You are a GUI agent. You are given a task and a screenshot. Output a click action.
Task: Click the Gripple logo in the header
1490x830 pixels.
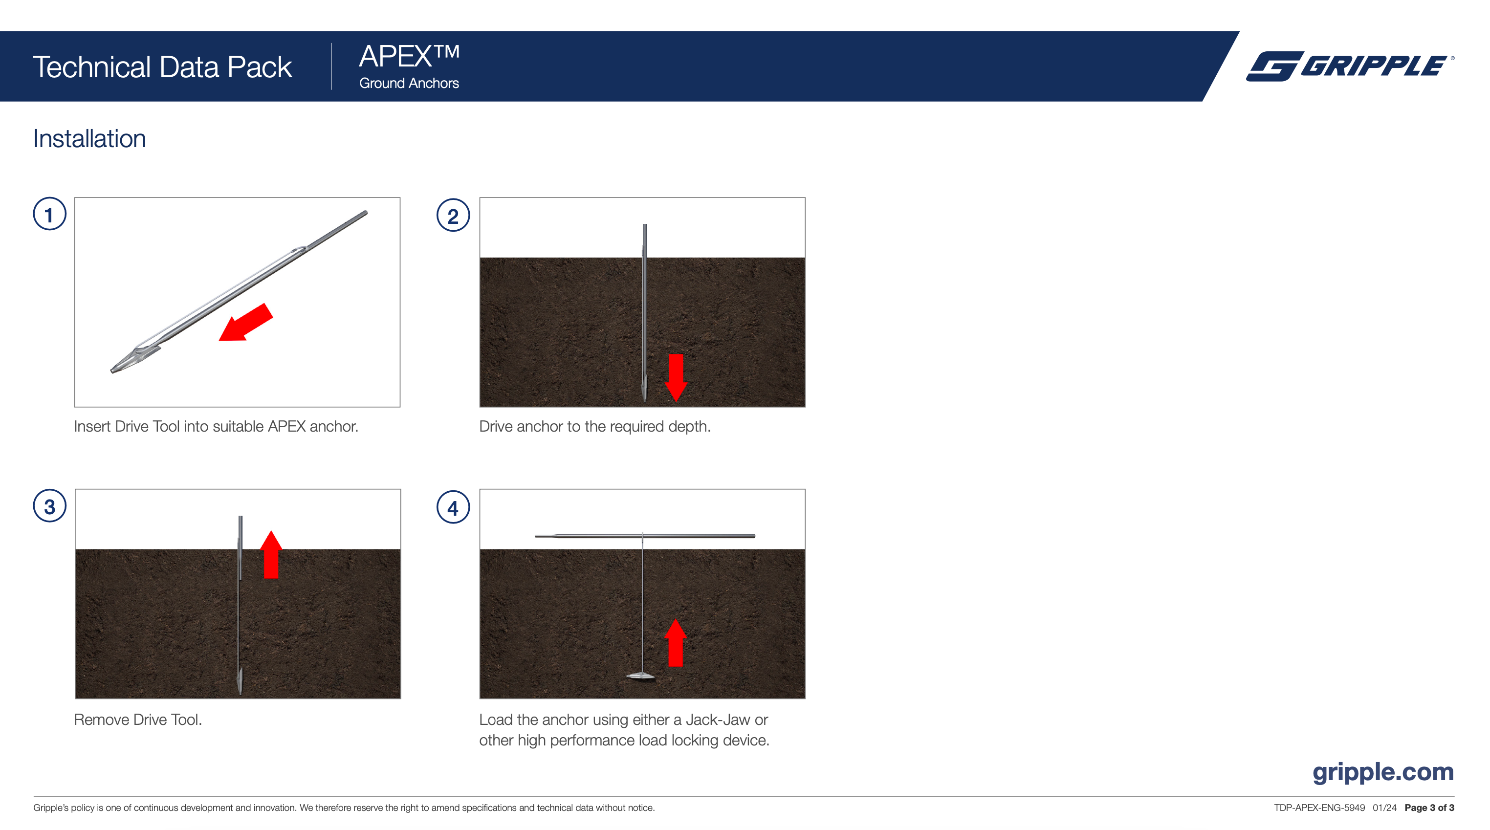(1349, 66)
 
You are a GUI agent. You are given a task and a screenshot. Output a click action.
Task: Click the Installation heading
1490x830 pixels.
(89, 139)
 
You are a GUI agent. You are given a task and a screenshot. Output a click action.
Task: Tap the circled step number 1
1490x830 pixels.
(50, 215)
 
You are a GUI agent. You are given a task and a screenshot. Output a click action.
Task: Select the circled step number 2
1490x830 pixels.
(453, 216)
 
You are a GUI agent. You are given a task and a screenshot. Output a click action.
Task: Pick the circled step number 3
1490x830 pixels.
(50, 507)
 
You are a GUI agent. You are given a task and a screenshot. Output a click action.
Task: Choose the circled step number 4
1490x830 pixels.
(453, 508)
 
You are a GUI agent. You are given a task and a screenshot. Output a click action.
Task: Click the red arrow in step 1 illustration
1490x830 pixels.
(246, 323)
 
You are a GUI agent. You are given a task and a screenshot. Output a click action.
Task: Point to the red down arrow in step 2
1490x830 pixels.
(676, 376)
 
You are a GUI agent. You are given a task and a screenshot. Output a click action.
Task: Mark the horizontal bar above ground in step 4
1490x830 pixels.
(645, 536)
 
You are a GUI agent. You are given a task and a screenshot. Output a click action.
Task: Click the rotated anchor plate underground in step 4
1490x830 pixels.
(640, 676)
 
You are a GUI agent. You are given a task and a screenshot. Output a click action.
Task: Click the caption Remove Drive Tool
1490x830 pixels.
(138, 720)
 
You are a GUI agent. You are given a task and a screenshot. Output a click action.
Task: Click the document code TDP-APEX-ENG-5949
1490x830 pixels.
(1319, 808)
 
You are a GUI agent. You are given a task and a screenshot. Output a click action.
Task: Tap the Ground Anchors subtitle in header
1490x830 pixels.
(409, 83)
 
